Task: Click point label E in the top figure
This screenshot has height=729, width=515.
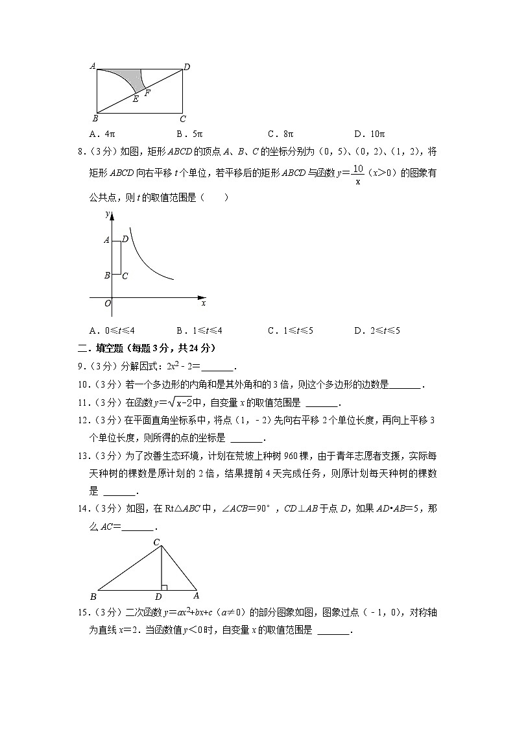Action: pos(135,99)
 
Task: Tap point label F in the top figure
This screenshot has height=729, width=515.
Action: pos(147,93)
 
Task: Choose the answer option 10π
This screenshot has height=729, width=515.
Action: pos(370,134)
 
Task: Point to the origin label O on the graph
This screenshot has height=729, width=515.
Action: pos(108,303)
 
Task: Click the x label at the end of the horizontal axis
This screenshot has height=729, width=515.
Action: pos(203,303)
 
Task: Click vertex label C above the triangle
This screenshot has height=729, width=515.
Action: pos(156,524)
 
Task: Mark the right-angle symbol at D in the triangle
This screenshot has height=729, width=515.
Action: pos(164,587)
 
